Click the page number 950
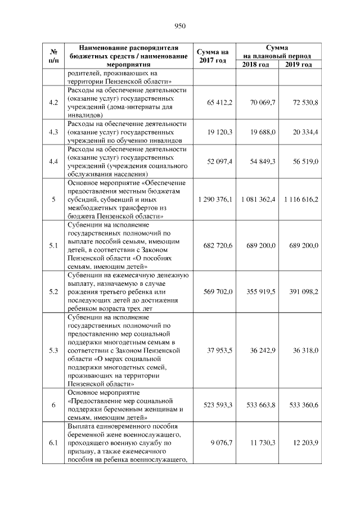(180, 26)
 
